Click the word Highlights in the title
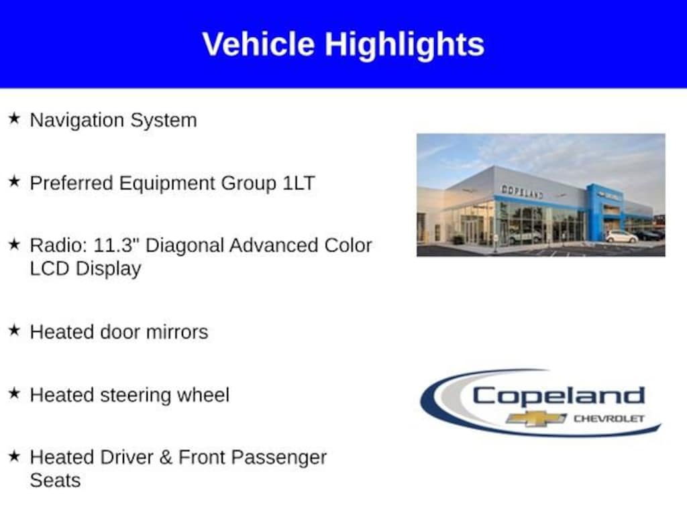405,45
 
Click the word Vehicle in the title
258,44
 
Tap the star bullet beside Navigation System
15,118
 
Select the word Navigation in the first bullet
76,121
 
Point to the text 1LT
299,183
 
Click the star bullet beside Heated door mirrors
15,330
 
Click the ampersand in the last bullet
166,457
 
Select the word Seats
55,481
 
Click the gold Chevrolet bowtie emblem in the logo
536,418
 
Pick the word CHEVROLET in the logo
609,418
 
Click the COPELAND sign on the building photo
522,191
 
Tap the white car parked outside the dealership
622,237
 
